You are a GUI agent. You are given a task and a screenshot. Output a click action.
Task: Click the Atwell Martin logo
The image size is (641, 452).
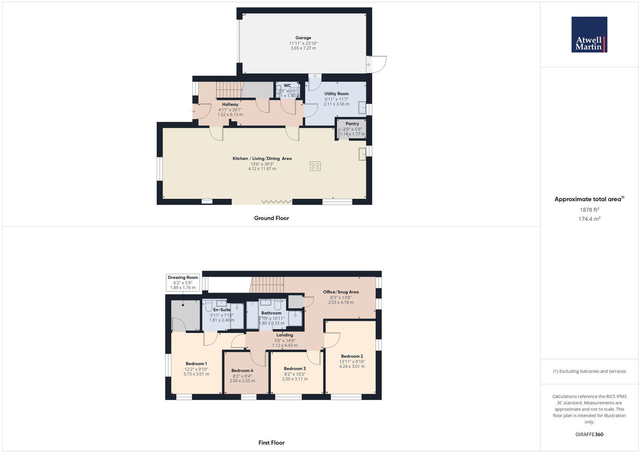pyautogui.click(x=589, y=34)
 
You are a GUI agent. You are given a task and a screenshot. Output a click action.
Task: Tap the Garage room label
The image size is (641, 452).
pyautogui.click(x=303, y=38)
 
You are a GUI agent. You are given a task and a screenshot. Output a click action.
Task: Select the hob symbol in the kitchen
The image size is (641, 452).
pyautogui.click(x=315, y=166)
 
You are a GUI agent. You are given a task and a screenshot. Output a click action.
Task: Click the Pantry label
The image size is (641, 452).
pyautogui.click(x=352, y=124)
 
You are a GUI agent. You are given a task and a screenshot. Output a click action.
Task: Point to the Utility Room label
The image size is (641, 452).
pyautogui.click(x=337, y=94)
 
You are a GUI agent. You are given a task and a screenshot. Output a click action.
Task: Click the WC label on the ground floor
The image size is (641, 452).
pyautogui.click(x=287, y=86)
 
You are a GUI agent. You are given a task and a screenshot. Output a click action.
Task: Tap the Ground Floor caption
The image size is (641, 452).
pyautogui.click(x=271, y=218)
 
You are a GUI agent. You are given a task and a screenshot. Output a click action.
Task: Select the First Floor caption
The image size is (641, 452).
pyautogui.click(x=271, y=443)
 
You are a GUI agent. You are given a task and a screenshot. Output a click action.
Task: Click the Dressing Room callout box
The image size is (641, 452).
pyautogui.click(x=183, y=282)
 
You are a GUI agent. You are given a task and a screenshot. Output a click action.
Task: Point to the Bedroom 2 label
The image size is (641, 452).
pyautogui.click(x=352, y=356)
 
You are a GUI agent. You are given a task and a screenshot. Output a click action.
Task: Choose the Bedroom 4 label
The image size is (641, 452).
pyautogui.click(x=242, y=371)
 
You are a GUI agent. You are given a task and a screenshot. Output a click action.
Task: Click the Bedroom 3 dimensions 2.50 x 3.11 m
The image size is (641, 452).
pyautogui.click(x=295, y=379)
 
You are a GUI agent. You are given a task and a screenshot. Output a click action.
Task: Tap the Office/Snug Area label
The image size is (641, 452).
pyautogui.click(x=341, y=292)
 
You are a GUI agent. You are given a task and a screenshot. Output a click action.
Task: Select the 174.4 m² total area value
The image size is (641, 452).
pyautogui.click(x=589, y=219)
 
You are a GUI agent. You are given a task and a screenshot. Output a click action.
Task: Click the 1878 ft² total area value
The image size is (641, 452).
pyautogui.click(x=589, y=210)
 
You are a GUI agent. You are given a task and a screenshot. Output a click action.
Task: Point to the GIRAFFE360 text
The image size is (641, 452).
pyautogui.click(x=589, y=434)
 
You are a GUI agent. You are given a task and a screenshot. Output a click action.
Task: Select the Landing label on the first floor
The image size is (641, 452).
pyautogui.click(x=284, y=335)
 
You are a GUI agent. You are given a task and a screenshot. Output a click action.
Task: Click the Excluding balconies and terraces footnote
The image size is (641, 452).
pyautogui.click(x=589, y=371)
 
